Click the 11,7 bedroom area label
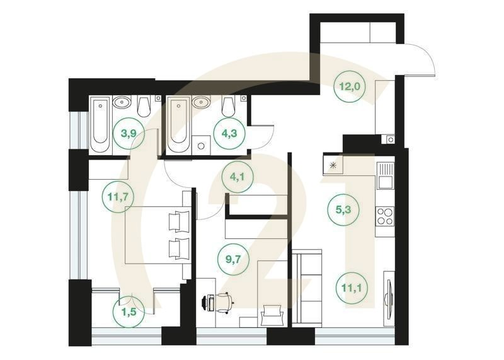[117, 197]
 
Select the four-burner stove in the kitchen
[384, 216]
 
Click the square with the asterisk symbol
[332, 166]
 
